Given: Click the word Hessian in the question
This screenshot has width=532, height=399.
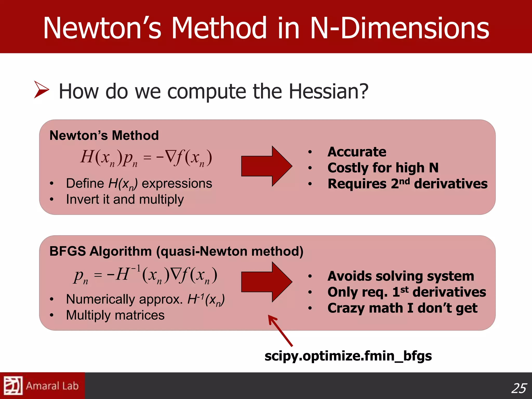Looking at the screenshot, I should tap(328, 91).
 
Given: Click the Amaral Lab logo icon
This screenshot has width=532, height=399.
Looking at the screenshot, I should tap(13, 385).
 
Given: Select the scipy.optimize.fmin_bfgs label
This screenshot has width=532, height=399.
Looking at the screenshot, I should tap(348, 356).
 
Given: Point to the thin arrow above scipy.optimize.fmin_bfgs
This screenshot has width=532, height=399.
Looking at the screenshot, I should tap(280, 330).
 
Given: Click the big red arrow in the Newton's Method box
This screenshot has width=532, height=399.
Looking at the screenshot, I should tap(267, 166).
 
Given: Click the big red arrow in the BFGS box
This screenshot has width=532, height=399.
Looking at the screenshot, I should tap(267, 282).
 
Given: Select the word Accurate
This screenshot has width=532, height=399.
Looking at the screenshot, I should tap(357, 152).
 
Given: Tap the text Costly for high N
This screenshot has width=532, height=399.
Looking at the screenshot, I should tap(383, 168).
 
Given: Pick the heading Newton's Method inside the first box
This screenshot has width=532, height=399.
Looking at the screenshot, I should tap(104, 136).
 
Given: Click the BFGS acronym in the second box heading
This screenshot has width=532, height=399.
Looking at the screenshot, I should tap(68, 251).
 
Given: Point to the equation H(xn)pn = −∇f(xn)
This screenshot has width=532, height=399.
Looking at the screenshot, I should tap(146, 158).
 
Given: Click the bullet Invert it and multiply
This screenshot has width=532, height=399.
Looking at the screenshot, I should tap(125, 199).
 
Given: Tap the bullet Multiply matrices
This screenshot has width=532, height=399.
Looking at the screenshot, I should tap(115, 315).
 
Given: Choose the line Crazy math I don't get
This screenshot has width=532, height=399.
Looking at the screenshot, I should tap(402, 308).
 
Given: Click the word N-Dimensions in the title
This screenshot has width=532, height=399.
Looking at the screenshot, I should tap(400, 28).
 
